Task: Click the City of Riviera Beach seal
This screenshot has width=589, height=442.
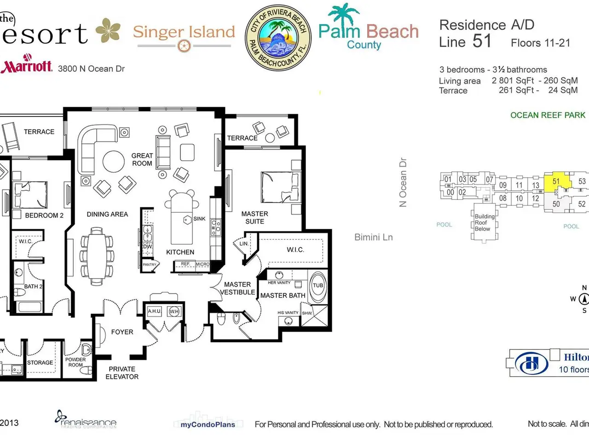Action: click(x=278, y=38)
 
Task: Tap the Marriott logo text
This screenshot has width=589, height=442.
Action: click(x=27, y=66)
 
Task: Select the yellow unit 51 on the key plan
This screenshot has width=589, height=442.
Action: click(x=556, y=182)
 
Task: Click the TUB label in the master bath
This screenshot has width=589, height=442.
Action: click(x=318, y=285)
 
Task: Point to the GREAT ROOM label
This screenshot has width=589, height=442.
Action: click(x=142, y=159)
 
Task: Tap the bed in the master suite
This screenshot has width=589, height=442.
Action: click(x=279, y=187)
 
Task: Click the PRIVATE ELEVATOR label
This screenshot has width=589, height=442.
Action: click(x=122, y=373)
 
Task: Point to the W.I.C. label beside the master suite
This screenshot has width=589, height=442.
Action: click(x=295, y=250)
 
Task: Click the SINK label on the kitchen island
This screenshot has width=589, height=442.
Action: click(x=200, y=219)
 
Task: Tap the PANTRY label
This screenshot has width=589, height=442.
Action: click(x=149, y=265)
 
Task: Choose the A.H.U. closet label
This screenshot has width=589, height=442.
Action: click(x=154, y=311)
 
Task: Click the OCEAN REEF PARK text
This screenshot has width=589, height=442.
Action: click(x=548, y=115)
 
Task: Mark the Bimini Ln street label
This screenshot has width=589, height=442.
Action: click(x=374, y=238)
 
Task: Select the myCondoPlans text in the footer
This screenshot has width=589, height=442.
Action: click(x=208, y=425)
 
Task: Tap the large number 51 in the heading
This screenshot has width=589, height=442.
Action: click(x=482, y=41)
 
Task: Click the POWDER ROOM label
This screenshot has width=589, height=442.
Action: click(x=75, y=362)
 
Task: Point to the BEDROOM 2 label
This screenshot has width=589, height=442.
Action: click(x=44, y=215)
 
